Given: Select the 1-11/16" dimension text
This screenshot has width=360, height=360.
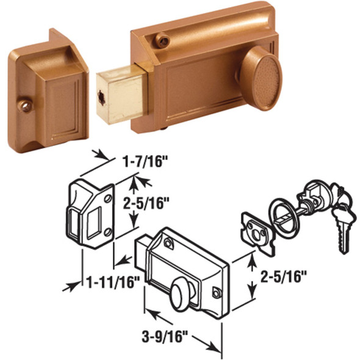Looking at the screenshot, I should point(114,282).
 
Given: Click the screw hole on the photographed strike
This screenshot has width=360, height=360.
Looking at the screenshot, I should point(25,105).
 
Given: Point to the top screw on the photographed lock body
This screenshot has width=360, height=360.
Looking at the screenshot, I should point(162,40).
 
